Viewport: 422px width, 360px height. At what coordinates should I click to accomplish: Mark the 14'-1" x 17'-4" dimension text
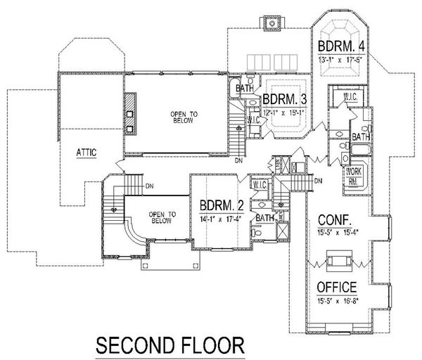click(x=222, y=218)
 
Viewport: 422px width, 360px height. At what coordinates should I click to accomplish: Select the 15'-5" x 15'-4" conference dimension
click(x=338, y=230)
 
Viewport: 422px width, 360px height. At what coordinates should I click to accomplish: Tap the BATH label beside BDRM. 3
click(x=244, y=89)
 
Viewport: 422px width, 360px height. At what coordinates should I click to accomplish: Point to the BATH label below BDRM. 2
click(x=264, y=218)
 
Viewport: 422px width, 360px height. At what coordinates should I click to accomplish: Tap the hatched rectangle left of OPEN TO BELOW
click(x=130, y=112)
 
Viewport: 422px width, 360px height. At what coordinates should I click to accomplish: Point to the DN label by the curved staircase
click(x=149, y=186)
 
